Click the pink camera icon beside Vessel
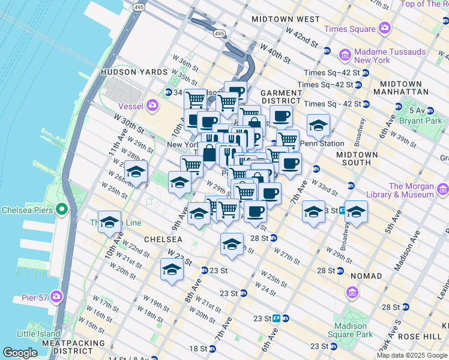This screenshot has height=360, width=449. (152, 106)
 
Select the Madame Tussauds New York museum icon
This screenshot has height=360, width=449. (345, 56)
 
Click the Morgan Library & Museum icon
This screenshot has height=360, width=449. (442, 190)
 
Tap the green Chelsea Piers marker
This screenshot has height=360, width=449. (61, 210)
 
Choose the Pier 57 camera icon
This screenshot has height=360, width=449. (56, 296)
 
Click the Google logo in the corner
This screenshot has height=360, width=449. (20, 353)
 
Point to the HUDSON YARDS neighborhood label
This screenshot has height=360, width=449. (134, 72)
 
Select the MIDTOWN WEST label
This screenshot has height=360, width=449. (286, 19)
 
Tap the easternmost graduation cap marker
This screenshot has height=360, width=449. (356, 212)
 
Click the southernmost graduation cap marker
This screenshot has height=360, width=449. (172, 269)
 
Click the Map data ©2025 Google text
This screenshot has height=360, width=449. (412, 355)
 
